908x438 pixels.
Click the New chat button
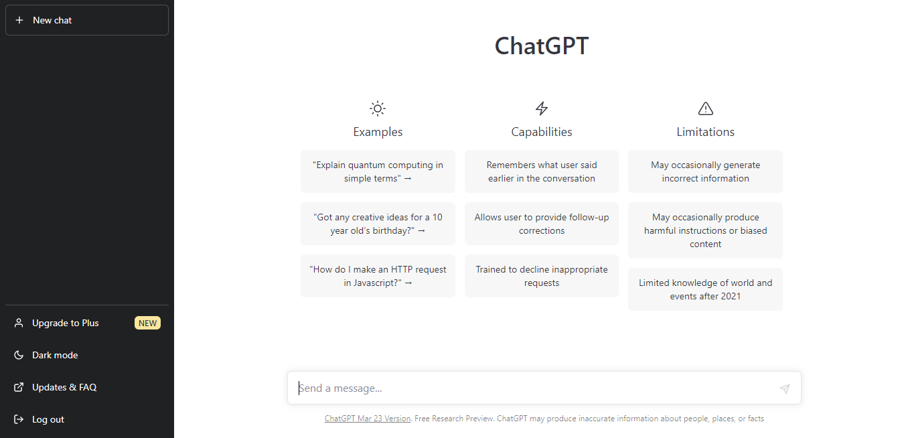pyautogui.click(x=87, y=20)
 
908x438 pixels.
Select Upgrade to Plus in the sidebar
pyautogui.click(x=65, y=323)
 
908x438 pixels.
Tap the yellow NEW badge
pyautogui.click(x=147, y=323)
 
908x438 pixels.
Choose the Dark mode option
pyautogui.click(x=55, y=355)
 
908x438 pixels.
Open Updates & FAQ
pyautogui.click(x=64, y=387)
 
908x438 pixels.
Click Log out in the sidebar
pyautogui.click(x=48, y=419)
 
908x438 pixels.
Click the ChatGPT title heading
pyautogui.click(x=542, y=46)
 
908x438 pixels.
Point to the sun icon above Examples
pyautogui.click(x=378, y=108)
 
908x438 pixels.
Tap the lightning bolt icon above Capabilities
pyautogui.click(x=542, y=108)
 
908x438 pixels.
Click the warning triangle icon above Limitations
pyautogui.click(x=706, y=108)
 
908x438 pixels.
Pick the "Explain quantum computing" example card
pyautogui.click(x=378, y=171)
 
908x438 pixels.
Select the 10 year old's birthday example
pyautogui.click(x=378, y=224)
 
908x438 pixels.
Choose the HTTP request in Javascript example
pyautogui.click(x=378, y=276)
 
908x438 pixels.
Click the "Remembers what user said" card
pyautogui.click(x=542, y=171)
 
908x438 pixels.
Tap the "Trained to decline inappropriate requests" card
pyautogui.click(x=542, y=276)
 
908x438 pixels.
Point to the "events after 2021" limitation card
pyautogui.click(x=705, y=289)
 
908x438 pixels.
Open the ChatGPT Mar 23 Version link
pyautogui.click(x=368, y=419)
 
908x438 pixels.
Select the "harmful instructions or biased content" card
pyautogui.click(x=705, y=230)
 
